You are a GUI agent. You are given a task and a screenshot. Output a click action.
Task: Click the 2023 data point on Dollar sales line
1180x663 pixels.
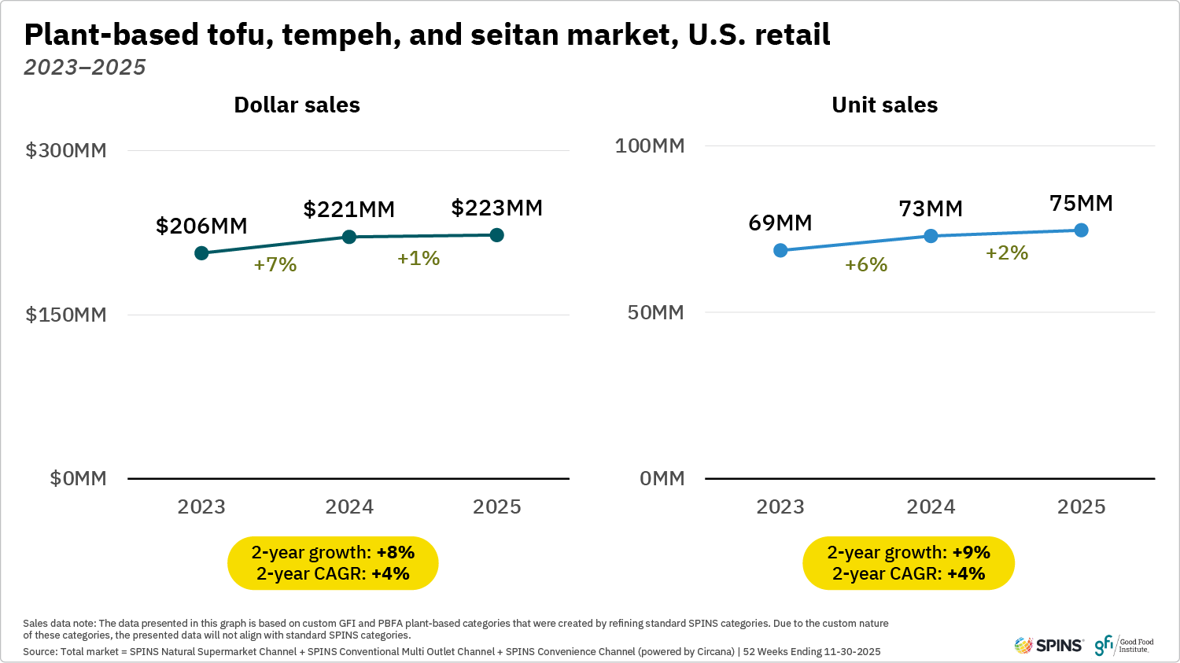(201, 252)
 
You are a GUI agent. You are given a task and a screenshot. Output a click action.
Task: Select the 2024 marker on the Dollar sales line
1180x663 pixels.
(349, 237)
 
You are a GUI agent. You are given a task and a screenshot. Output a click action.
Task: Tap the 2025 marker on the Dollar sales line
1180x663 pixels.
(496, 235)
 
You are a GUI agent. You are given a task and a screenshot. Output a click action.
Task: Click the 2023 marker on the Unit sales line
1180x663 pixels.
(780, 250)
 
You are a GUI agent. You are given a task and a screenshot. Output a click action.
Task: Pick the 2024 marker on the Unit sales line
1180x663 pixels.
(931, 236)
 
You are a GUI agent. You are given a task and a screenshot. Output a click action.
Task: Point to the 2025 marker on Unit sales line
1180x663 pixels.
(1081, 230)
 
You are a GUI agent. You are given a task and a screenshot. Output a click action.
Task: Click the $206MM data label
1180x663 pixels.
(201, 226)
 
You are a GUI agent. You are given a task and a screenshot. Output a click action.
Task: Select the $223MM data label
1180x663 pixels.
(496, 208)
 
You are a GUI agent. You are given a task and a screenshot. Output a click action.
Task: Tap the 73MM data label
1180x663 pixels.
(931, 208)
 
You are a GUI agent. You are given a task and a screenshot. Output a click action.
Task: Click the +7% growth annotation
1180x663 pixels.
(275, 264)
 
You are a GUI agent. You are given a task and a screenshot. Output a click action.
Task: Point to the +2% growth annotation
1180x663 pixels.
(1007, 252)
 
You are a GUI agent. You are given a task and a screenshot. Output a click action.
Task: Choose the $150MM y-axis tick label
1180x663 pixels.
(66, 315)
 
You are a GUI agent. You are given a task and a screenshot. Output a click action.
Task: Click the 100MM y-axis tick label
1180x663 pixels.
(650, 145)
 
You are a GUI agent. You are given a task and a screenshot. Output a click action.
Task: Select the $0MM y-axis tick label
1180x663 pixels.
(78, 478)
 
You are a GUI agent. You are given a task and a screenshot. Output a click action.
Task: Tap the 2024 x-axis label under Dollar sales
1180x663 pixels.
(349, 506)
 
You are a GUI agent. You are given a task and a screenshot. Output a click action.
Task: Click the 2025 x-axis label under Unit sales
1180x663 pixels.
(1081, 506)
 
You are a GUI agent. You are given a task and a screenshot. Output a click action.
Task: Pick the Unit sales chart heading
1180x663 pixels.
(884, 105)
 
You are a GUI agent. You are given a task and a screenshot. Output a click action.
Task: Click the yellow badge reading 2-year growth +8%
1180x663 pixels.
(333, 563)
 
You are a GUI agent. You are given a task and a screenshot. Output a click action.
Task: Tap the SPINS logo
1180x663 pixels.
(1049, 646)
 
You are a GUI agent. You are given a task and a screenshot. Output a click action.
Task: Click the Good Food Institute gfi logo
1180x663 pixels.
(1123, 646)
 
